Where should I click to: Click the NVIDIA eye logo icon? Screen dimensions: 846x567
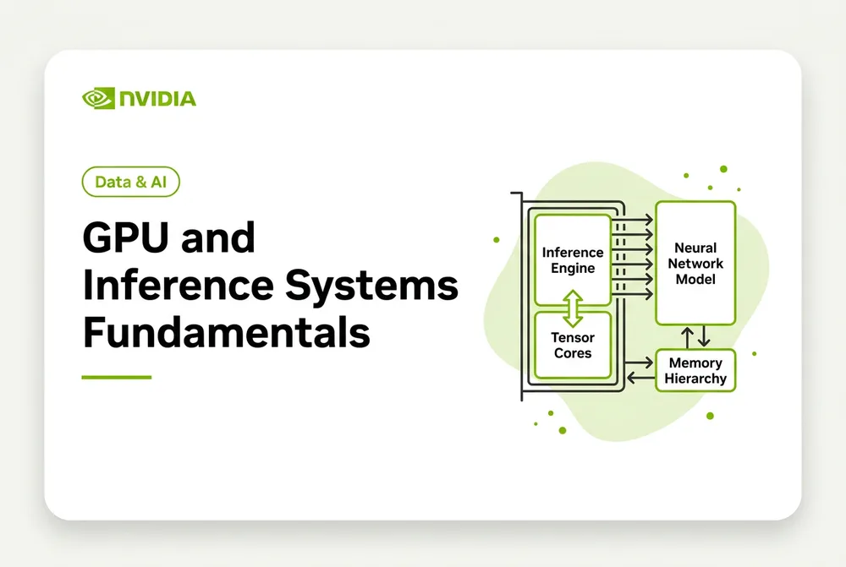tap(98, 98)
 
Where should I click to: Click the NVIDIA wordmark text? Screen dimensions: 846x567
tap(157, 99)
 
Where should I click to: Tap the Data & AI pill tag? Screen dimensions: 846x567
tap(130, 182)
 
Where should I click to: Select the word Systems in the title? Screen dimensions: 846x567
tap(371, 285)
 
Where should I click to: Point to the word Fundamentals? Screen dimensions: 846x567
tap(227, 333)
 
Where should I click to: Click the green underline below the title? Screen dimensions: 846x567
tap(117, 377)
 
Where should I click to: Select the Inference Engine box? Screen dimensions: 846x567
tap(573, 259)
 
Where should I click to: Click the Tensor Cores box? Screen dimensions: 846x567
tap(573, 345)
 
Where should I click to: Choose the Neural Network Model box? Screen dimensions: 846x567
tap(695, 263)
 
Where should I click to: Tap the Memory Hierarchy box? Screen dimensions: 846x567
tap(695, 370)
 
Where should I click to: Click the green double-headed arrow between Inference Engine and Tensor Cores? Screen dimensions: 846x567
tap(573, 308)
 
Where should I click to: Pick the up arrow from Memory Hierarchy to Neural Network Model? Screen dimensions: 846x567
tap(687, 337)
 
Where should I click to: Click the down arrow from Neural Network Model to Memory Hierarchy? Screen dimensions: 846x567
tap(704, 336)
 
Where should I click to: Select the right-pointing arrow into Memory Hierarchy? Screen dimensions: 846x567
tap(639, 363)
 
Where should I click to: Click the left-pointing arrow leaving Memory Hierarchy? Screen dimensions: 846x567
tap(640, 379)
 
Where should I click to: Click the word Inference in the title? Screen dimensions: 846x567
tap(179, 285)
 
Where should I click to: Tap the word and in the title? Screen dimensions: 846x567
tap(218, 237)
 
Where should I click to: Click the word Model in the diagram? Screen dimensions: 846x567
tap(695, 279)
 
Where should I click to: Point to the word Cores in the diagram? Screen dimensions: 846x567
tap(573, 353)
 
